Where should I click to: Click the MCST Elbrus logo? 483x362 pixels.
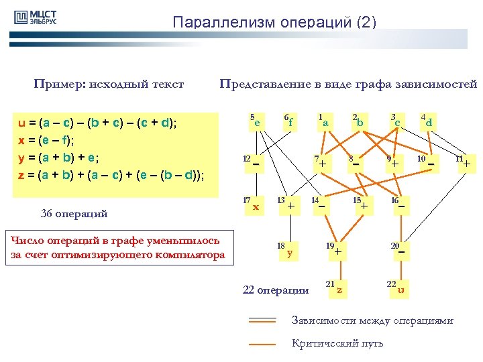pos(35,18)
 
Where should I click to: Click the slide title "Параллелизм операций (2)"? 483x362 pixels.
pos(274,22)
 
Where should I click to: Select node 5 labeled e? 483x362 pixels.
pos(256,121)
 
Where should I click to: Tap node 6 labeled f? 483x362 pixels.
pos(290,121)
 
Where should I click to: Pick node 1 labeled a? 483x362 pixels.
pos(325,121)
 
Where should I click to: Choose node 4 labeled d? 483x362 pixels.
pos(428,121)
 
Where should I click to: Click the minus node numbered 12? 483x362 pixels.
pos(256,163)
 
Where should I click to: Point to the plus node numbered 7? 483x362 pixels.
pos(323,163)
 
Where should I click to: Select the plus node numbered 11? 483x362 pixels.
pos(466,163)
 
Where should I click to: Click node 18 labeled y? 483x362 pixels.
pos(288,251)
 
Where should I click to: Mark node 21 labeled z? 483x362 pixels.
pos(339,289)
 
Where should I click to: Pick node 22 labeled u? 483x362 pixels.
pos(400,289)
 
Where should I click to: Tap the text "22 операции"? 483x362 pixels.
pos(276,290)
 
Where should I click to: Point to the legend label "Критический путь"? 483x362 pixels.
pos(337,343)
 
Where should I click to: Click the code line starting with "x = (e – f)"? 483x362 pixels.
pos(46,140)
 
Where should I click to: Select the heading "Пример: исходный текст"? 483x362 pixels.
pos(109,84)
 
